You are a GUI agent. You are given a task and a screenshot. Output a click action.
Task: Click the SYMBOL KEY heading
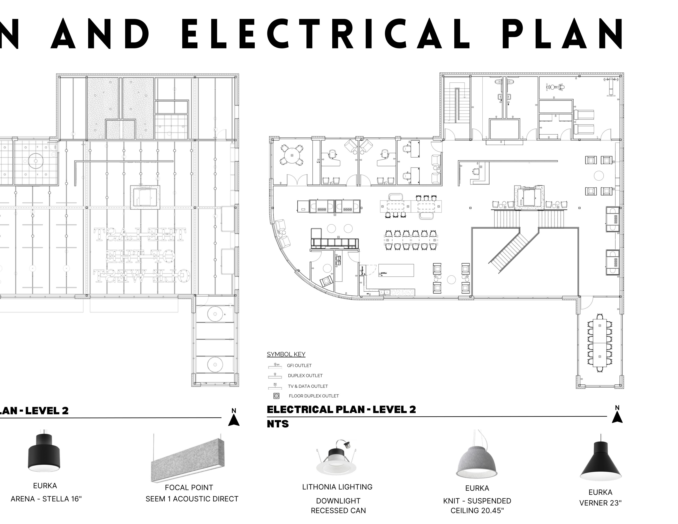286,354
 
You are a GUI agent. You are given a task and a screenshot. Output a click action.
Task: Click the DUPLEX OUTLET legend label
305,376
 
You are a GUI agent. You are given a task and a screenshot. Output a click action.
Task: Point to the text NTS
278,424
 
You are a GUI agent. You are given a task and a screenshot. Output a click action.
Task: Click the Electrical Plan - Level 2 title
341,410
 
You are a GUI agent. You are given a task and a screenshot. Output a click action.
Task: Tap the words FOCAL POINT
189,488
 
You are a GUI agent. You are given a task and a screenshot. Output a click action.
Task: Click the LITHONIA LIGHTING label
337,487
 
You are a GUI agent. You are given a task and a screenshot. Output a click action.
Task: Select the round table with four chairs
291,155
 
